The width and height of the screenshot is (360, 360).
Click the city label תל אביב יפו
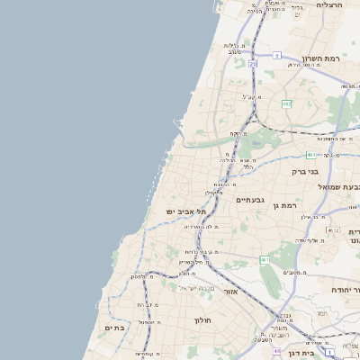pyautogui.click(x=185, y=211)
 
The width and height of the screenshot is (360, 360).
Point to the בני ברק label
pyautogui.click(x=305, y=171)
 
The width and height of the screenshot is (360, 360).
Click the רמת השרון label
pyautogui.click(x=320, y=58)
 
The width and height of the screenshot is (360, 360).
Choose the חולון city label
pyautogui.click(x=202, y=319)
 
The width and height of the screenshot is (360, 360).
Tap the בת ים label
pyautogui.click(x=115, y=328)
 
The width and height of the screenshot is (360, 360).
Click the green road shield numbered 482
pyautogui.click(x=287, y=104)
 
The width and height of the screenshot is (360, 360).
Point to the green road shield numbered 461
pyautogui.click(x=265, y=259)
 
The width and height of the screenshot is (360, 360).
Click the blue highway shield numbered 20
pyautogui.click(x=254, y=65)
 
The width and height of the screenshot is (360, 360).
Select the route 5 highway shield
pyautogui.click(x=277, y=55)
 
